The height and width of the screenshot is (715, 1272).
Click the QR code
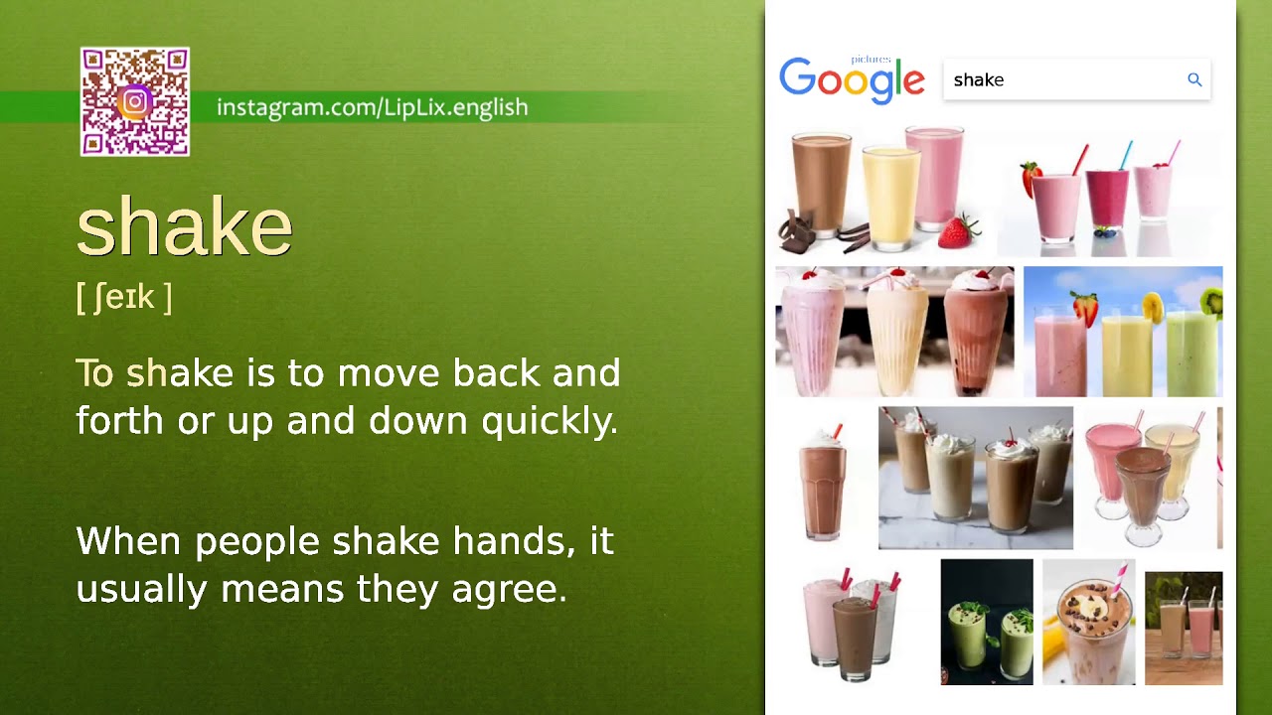[134, 101]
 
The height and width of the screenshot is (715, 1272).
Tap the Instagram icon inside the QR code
[135, 101]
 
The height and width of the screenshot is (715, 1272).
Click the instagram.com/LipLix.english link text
[372, 107]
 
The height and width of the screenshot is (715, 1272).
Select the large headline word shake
[185, 227]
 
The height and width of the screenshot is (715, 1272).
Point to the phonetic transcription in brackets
[124, 297]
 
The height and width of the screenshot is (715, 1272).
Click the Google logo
[852, 80]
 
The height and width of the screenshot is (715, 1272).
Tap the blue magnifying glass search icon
[1194, 79]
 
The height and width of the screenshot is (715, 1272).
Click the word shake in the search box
[978, 80]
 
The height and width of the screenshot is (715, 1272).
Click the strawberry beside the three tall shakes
[958, 232]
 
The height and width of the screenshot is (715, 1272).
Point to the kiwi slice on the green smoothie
[1212, 301]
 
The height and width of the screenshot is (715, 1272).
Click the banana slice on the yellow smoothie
[1153, 309]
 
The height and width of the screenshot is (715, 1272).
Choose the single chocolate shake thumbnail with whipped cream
[823, 482]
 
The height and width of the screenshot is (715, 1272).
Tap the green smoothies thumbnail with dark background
[986, 623]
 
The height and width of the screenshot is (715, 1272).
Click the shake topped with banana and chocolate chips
[1089, 621]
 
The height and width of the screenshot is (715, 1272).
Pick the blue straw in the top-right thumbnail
[1126, 157]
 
